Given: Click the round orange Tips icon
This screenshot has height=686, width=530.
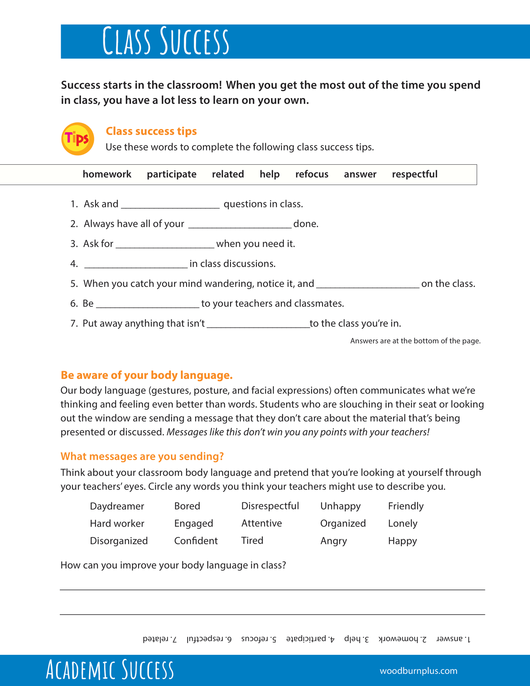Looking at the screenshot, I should (x=77, y=139).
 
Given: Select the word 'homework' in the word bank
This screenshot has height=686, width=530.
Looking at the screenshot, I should (x=107, y=174).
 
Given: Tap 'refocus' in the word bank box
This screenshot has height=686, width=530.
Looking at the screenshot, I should (x=312, y=174).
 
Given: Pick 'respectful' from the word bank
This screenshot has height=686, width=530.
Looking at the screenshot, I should (x=414, y=174).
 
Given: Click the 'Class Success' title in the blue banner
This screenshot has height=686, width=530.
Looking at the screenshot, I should (x=166, y=41).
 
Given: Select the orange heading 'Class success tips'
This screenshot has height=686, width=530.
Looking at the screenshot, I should (x=151, y=131).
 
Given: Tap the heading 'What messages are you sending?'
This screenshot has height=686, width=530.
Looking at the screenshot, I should (x=142, y=456).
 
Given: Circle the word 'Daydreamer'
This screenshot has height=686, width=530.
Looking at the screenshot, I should (x=117, y=506).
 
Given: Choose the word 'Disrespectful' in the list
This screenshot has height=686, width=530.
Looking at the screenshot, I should (x=270, y=506).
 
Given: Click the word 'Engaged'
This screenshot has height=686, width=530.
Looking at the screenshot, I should (x=193, y=523).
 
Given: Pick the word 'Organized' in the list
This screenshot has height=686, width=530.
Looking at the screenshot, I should (x=343, y=523).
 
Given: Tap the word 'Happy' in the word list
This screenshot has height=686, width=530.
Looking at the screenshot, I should (x=402, y=541).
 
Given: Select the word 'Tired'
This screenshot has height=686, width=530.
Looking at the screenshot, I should (x=252, y=541).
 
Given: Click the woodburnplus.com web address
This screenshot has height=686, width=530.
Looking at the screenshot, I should (x=418, y=671).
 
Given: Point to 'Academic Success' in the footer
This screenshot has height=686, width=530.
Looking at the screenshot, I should (x=110, y=670).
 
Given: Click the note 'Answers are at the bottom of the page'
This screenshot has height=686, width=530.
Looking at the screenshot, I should (x=415, y=341).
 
